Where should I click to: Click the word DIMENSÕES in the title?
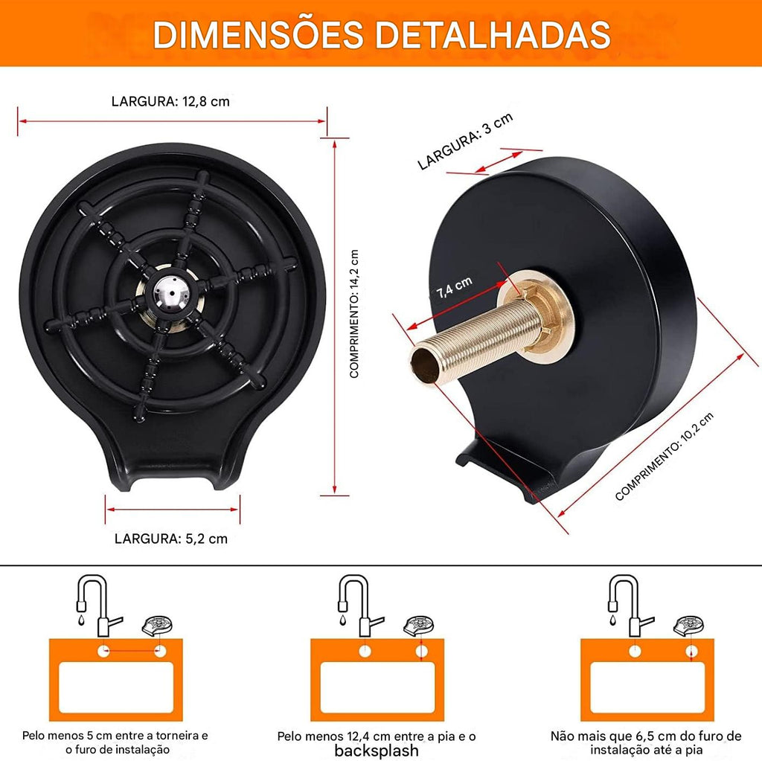[x=258, y=34]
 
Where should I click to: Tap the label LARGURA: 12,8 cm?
[x=170, y=102]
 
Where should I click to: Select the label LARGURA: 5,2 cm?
[x=171, y=539]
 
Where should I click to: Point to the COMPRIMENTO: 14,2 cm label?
[x=354, y=314]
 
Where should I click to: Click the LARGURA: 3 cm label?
[x=465, y=141]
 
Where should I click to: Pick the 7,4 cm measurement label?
[x=454, y=288]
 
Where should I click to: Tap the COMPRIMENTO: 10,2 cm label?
[x=665, y=456]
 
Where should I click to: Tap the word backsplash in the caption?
[x=377, y=751]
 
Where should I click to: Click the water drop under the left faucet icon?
[x=81, y=620]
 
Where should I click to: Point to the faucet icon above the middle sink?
[x=359, y=606]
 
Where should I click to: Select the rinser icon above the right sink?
[x=688, y=626]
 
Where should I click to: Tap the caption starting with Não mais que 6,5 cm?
[x=646, y=743]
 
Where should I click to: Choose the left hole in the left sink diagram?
[x=103, y=651]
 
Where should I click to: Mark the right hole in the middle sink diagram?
[x=421, y=652]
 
